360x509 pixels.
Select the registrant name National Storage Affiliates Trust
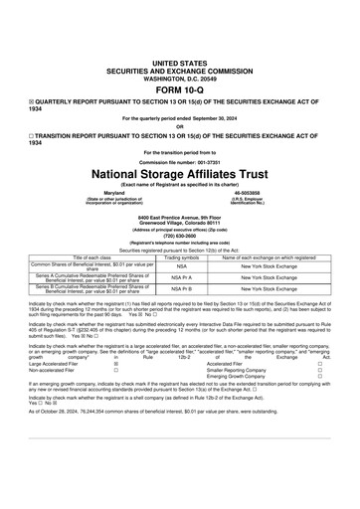(180, 170)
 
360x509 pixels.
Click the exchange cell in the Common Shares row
(269, 265)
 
